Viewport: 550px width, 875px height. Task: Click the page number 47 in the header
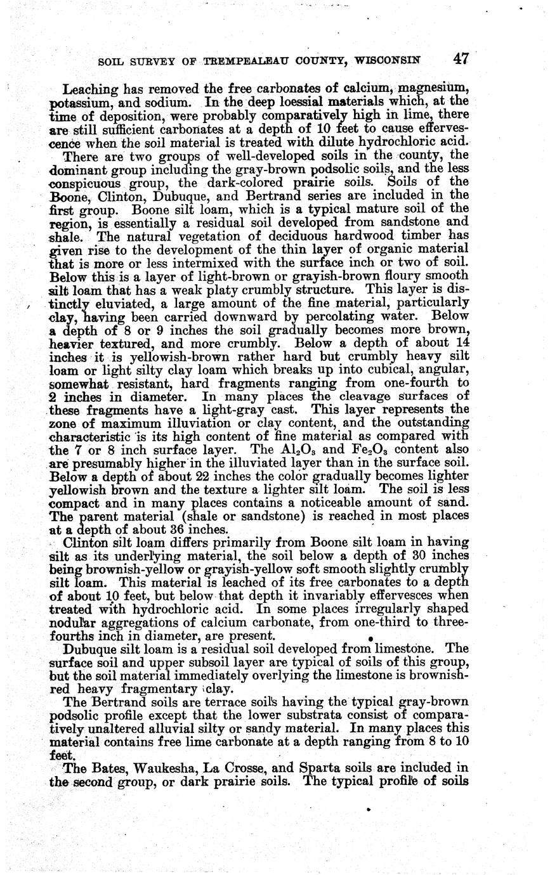(x=461, y=59)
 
